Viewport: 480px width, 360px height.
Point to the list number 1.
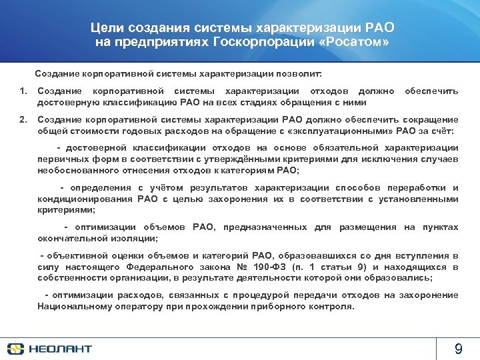pos(23,90)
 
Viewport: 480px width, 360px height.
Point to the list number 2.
pos(23,119)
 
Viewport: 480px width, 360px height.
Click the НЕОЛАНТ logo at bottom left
pos(50,348)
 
